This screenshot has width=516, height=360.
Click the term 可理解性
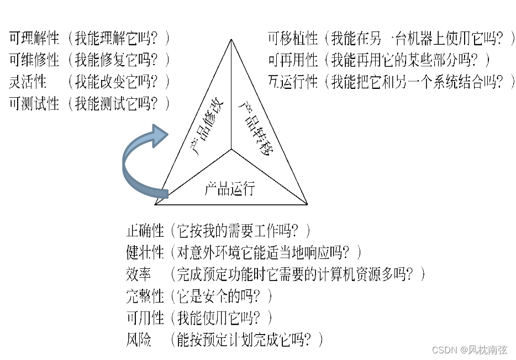[x=34, y=38]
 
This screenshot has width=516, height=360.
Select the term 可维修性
[x=34, y=60]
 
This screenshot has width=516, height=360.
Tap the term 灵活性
[x=28, y=82]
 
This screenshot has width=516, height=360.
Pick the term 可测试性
[x=34, y=103]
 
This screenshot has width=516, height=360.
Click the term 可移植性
[x=293, y=38]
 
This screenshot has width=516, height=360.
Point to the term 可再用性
[x=293, y=60]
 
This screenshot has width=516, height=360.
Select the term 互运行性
[x=293, y=82]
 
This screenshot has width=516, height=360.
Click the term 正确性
[x=145, y=230]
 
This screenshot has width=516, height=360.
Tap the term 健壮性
[x=145, y=252]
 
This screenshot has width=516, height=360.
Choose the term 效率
[x=139, y=274]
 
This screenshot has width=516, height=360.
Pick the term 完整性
[x=145, y=296]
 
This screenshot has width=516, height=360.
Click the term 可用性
[x=145, y=317]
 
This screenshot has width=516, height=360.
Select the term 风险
[x=139, y=340]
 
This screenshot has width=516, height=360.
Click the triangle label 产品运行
[x=229, y=188]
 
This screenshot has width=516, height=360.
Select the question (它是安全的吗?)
[x=222, y=296]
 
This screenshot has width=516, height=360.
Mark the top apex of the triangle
[x=231, y=40]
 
